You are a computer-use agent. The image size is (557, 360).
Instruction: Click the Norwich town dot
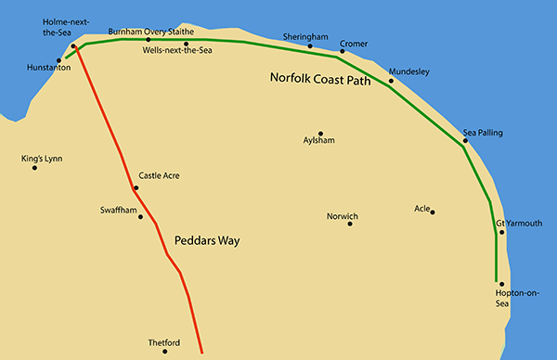350,224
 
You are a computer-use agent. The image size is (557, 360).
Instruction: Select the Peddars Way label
207,240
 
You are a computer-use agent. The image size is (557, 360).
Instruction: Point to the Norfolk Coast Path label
320,80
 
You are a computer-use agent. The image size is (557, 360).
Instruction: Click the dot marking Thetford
164,352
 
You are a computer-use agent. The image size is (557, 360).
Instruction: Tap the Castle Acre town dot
136,188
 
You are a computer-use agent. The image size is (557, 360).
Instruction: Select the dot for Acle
433,212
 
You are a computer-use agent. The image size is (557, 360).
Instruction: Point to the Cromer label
354,43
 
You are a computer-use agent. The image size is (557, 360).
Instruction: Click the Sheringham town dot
311,45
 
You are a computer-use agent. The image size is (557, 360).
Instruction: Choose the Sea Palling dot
465,141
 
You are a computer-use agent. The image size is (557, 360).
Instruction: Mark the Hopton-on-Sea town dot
501,284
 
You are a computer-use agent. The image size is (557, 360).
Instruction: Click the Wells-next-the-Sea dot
186,43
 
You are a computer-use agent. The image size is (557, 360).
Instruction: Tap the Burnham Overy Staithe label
151,31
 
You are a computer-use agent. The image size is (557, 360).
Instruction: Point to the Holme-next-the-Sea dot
72,44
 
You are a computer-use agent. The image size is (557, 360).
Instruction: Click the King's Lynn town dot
34,168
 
